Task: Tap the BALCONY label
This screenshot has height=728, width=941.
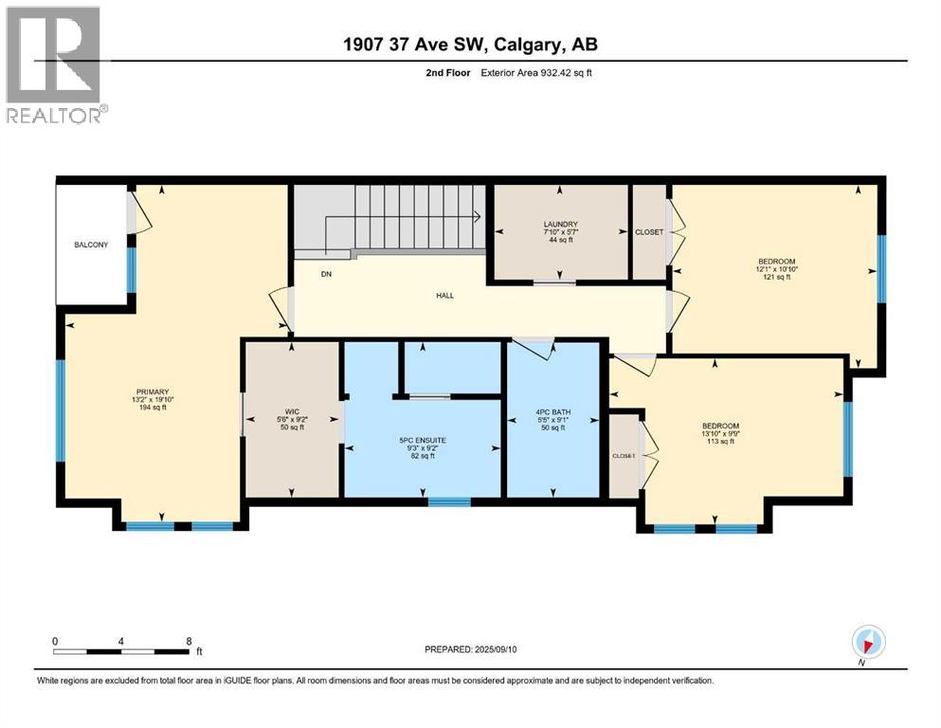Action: point(92,245)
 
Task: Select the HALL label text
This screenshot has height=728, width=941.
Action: point(444,296)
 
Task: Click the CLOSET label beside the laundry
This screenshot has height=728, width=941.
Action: point(649,231)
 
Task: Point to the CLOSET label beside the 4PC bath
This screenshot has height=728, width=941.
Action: point(624,456)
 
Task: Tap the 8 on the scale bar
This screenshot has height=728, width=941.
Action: point(190,641)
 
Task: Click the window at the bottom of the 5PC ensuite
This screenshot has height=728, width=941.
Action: point(449,501)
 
